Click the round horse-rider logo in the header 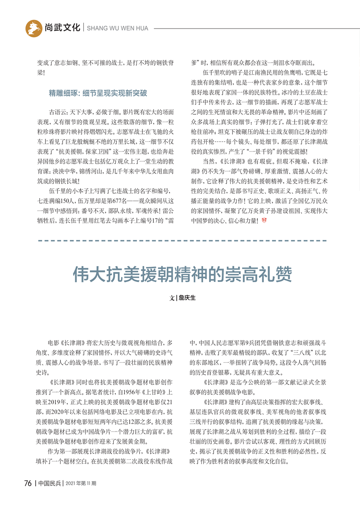point(34,28)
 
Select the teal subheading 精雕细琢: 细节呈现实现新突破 point(97,93)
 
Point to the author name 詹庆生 point(186,298)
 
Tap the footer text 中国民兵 point(49,483)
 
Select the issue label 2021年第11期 point(81,484)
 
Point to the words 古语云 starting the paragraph point(57,111)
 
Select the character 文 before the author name point(172,298)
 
